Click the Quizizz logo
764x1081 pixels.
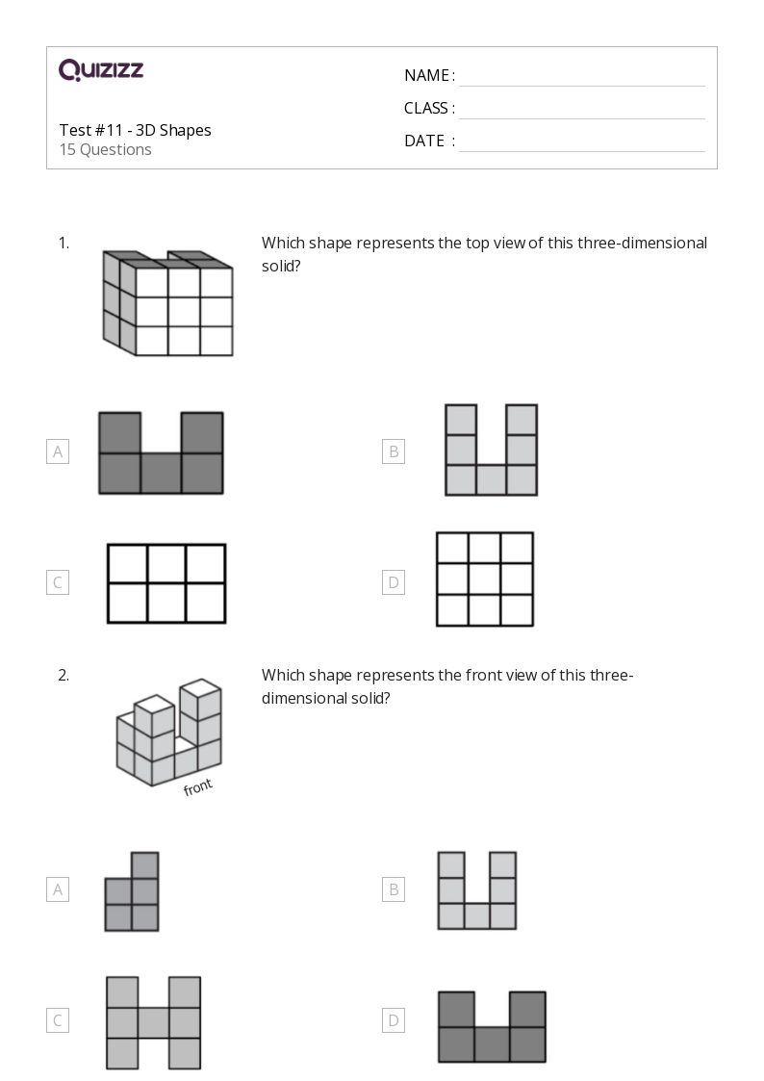click(x=101, y=69)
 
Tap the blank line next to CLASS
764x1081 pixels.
click(x=581, y=109)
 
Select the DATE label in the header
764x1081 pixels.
click(x=424, y=141)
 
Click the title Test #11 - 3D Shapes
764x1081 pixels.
click(x=135, y=130)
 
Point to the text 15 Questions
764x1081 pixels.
click(x=105, y=150)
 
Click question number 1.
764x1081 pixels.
click(x=64, y=244)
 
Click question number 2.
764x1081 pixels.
click(x=64, y=676)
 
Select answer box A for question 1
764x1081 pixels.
click(x=58, y=451)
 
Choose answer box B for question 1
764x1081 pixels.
click(x=393, y=451)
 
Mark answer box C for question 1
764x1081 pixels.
click(x=58, y=582)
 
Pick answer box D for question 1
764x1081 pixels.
click(x=393, y=582)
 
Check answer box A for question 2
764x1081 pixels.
click(x=58, y=890)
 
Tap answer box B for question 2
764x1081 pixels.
click(x=393, y=890)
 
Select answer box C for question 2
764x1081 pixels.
click(x=58, y=1020)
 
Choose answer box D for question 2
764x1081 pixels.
click(x=393, y=1020)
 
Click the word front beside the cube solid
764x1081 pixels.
click(x=197, y=787)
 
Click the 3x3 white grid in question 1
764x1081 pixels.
click(x=485, y=579)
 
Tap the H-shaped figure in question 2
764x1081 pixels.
click(x=154, y=1022)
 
